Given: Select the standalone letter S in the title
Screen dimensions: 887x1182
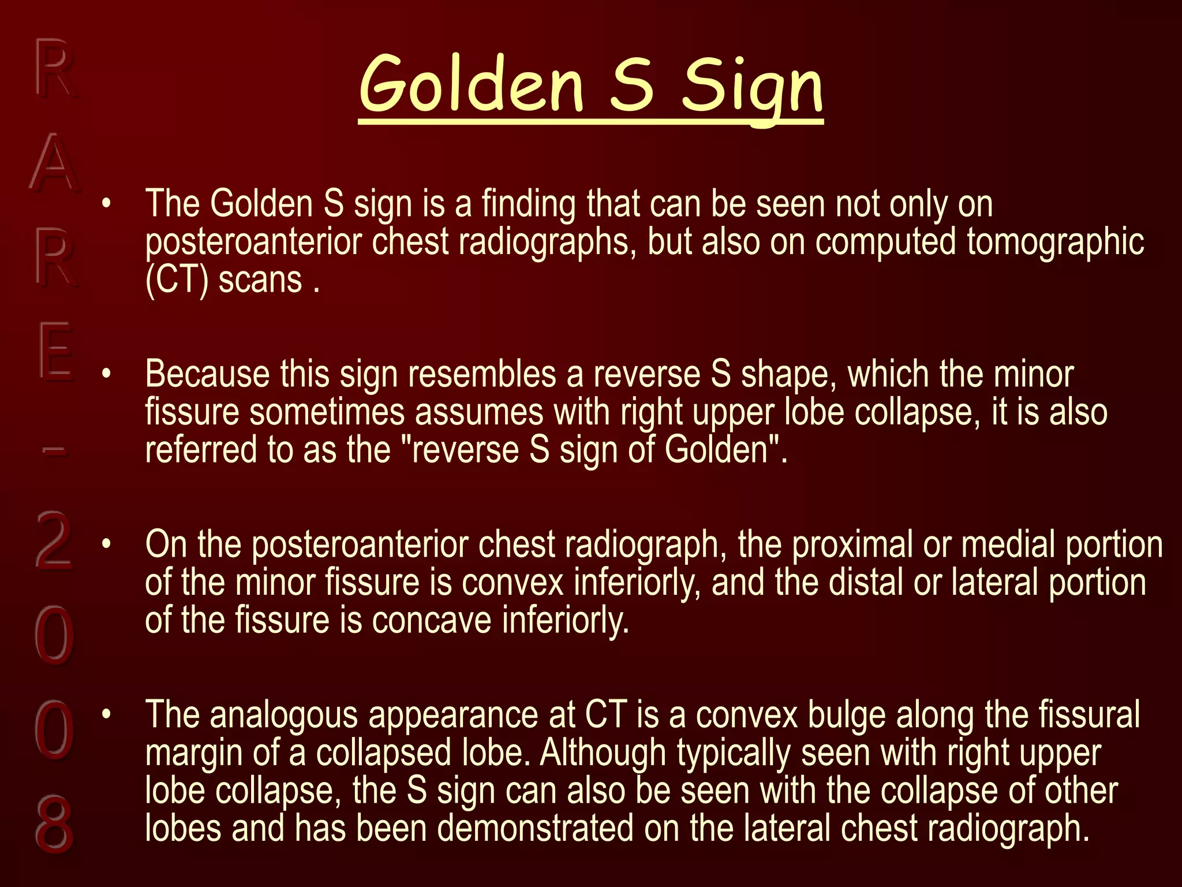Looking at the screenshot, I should click(x=631, y=85).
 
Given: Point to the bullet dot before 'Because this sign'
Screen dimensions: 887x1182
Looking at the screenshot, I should click(x=106, y=374).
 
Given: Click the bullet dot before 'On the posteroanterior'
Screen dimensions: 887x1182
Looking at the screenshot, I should click(x=106, y=544).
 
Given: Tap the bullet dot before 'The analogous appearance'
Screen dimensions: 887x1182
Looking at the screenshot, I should click(x=106, y=714).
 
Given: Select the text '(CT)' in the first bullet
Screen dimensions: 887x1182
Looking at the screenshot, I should click(x=176, y=281).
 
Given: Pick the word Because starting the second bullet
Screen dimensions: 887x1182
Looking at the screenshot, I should click(x=207, y=374).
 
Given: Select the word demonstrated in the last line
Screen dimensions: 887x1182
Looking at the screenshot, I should click(x=535, y=828).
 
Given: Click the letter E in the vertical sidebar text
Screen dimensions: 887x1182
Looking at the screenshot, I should click(x=55, y=351).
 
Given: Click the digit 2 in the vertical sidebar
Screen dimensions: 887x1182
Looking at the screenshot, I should click(x=54, y=540).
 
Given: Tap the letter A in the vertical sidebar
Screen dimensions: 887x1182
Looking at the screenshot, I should click(x=54, y=163).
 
